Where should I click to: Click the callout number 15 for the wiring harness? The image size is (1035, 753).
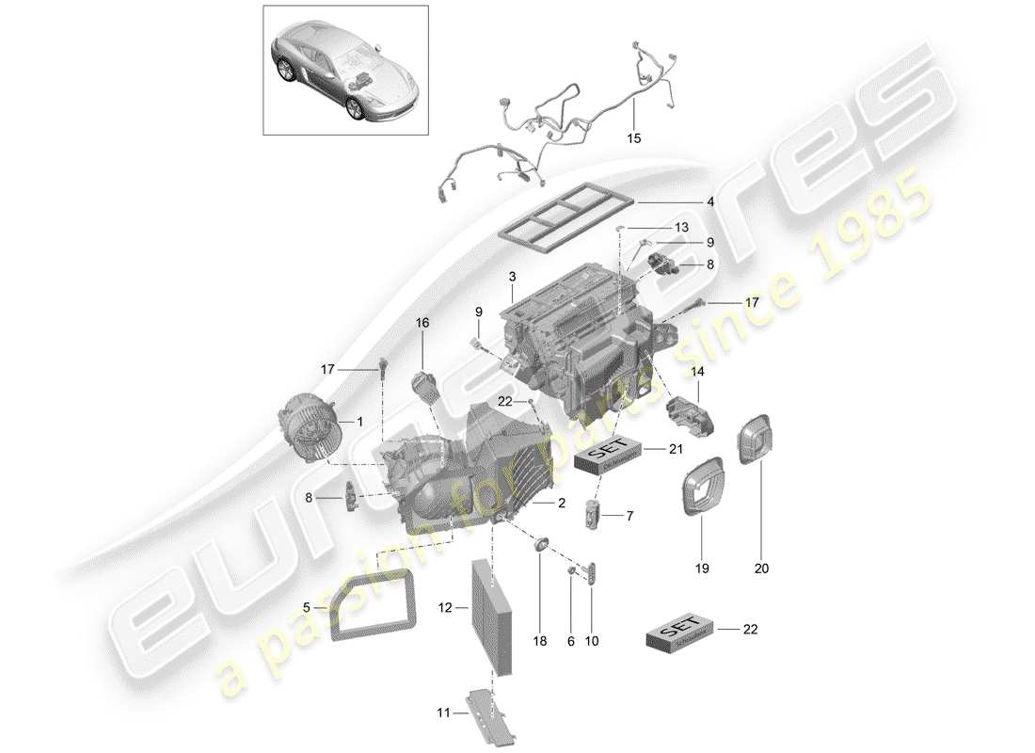coord(633,138)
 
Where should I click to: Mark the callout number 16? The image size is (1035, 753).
coord(422,323)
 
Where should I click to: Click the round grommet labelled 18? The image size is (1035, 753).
coord(541,545)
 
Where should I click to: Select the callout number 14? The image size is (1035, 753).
coord(697,373)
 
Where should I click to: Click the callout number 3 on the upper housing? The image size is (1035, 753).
coord(512,278)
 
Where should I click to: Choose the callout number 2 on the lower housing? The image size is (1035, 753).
coord(561,504)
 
